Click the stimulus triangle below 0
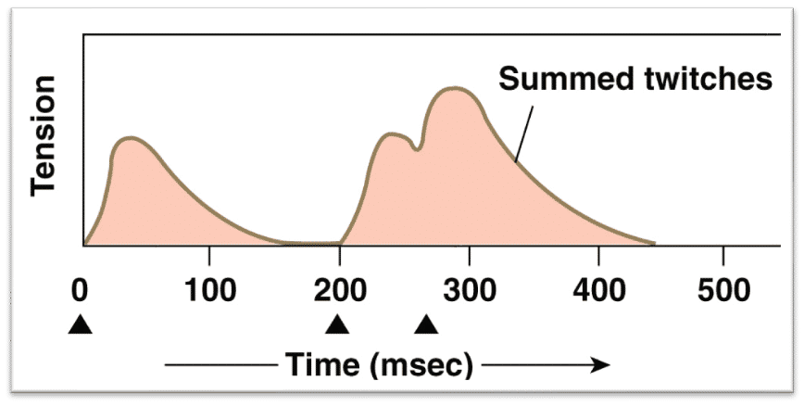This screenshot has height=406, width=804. click(x=82, y=324)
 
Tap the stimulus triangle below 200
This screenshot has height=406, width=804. click(x=338, y=324)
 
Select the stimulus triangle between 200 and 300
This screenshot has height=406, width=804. click(x=426, y=324)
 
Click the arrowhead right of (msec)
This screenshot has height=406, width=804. click(x=601, y=365)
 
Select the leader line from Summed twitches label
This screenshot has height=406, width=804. click(x=524, y=133)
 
